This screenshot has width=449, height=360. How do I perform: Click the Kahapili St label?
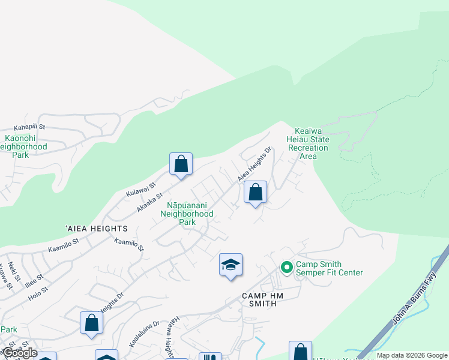(30, 128)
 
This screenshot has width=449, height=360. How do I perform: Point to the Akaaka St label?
(150, 200)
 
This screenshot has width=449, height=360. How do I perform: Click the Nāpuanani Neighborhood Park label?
(190, 213)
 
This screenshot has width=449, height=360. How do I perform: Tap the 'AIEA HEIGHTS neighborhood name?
(96, 229)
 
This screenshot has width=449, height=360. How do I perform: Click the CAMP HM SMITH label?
(259, 299)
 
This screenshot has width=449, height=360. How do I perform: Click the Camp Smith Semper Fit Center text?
(329, 268)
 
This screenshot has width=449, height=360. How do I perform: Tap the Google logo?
(19, 353)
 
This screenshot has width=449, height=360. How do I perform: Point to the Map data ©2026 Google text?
(412, 355)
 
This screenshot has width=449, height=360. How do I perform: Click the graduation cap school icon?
(231, 265)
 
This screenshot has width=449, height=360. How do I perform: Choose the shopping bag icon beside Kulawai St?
(181, 164)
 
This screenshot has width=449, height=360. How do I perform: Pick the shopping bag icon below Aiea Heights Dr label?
(255, 193)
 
